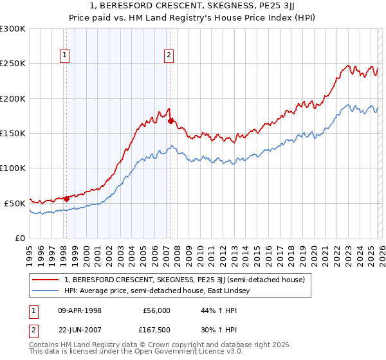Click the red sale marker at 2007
click(x=170, y=120)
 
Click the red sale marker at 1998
click(x=66, y=199)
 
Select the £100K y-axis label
click(x=13, y=168)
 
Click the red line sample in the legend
click(x=46, y=280)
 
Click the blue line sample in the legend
click(x=46, y=291)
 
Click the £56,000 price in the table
click(x=156, y=310)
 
